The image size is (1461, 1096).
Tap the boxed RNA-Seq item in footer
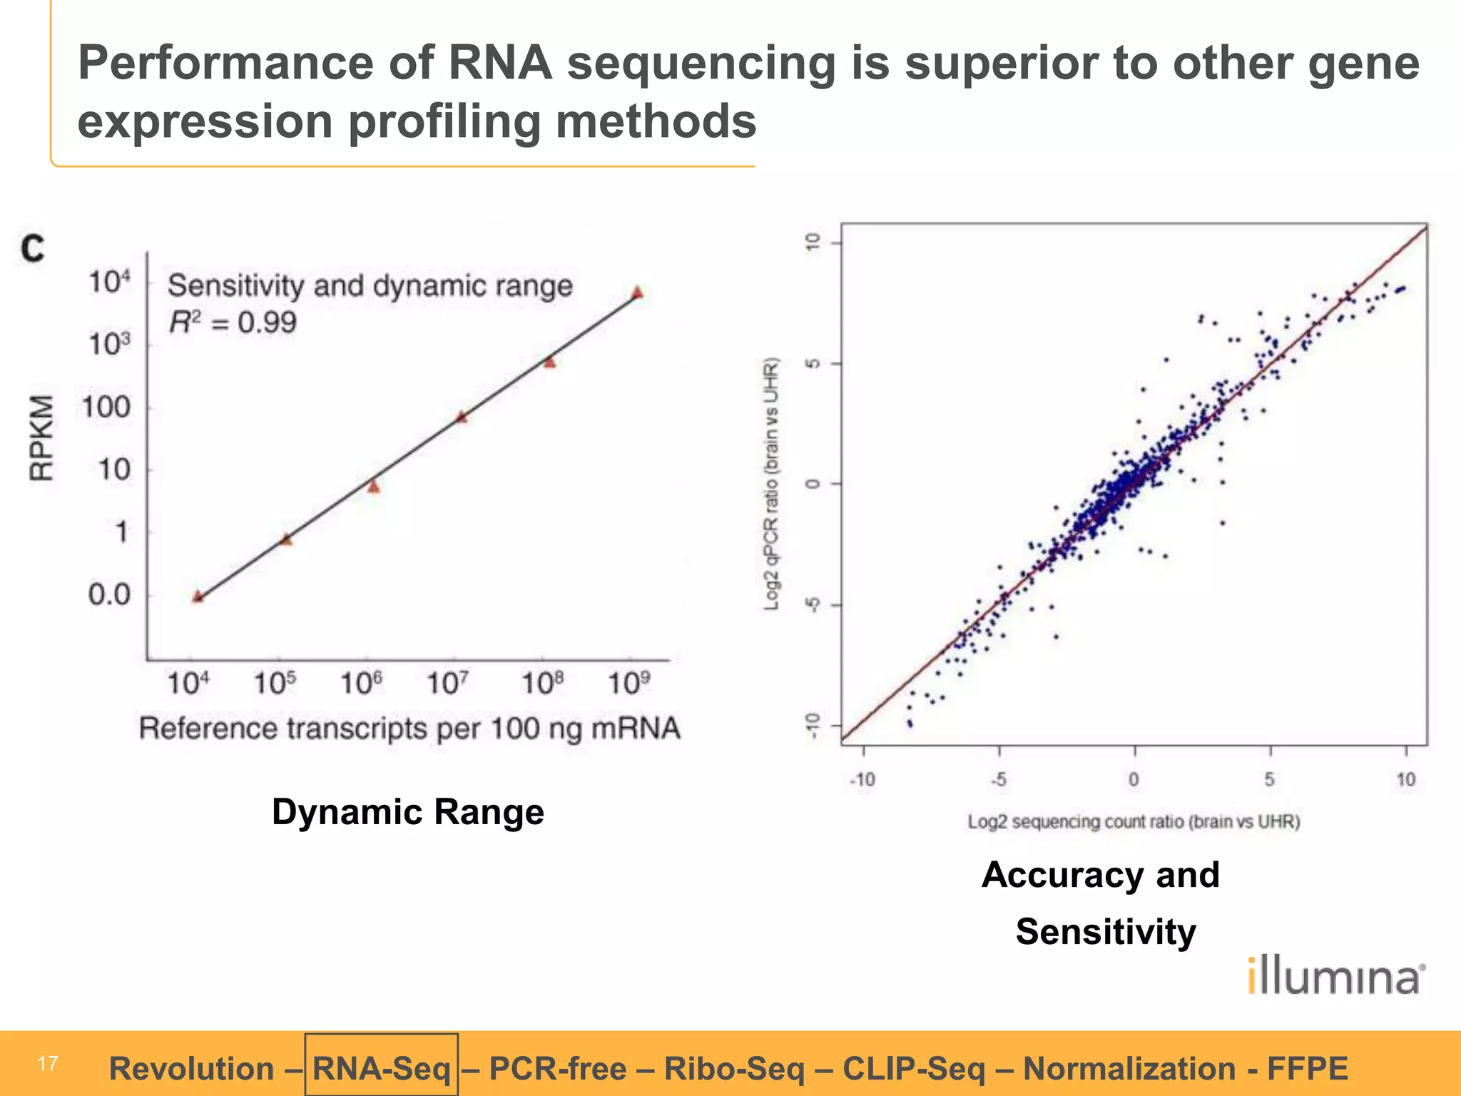[381, 1068]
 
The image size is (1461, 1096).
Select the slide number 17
[47, 1064]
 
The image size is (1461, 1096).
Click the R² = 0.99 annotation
[233, 323]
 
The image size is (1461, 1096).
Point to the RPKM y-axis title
[41, 438]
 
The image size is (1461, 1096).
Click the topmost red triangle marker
[638, 293]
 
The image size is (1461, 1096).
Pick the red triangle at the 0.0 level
[198, 597]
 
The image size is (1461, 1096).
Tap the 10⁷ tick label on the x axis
[447, 684]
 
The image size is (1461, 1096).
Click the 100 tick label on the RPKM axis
[106, 407]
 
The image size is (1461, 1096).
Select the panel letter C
[33, 249]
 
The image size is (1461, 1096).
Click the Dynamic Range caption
[407, 812]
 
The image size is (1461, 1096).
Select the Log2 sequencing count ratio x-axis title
[1134, 821]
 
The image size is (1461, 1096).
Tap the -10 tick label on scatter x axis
[862, 779]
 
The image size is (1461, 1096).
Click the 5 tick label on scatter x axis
[1270, 779]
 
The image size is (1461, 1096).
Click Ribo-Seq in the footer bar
[734, 1068]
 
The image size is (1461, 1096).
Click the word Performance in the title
[225, 63]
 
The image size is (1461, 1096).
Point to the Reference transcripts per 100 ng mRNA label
[409, 729]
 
